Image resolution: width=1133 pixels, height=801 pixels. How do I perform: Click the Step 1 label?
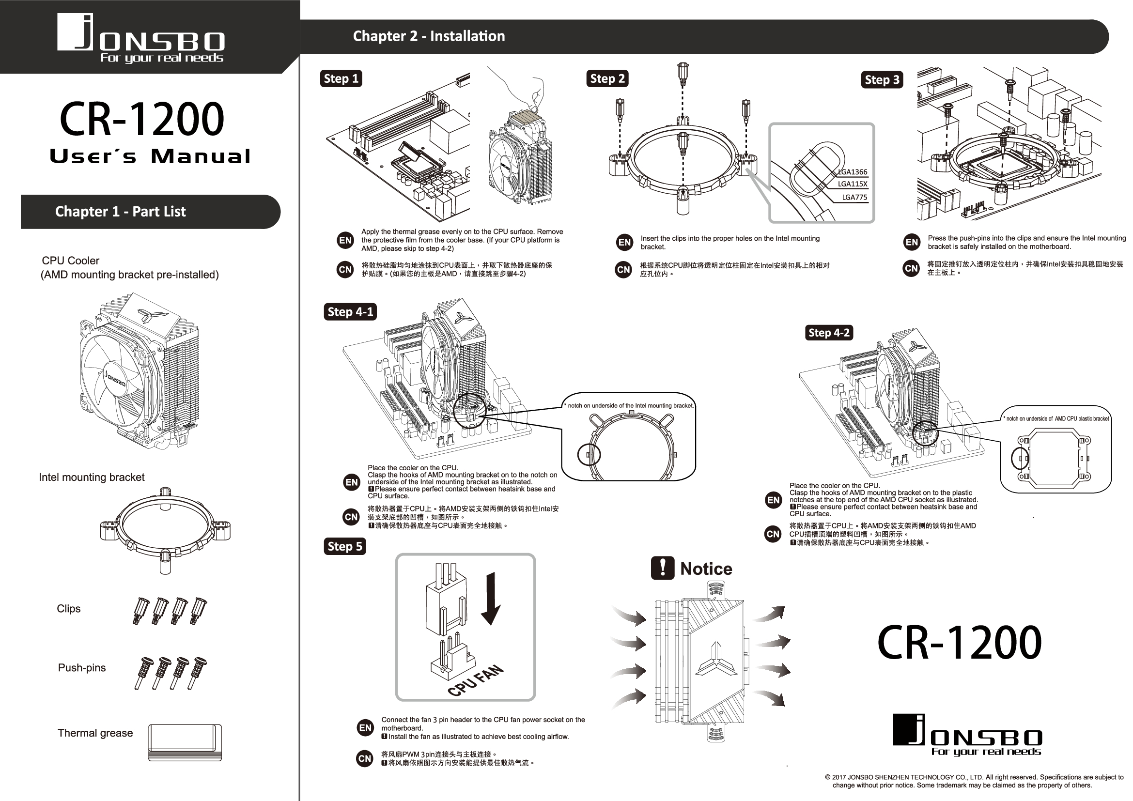click(x=341, y=78)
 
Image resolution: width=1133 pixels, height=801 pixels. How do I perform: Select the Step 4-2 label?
click(x=828, y=333)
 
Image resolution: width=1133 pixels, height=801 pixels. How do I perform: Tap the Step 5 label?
click(x=344, y=546)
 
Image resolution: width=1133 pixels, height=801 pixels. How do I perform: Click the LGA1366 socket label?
click(x=852, y=172)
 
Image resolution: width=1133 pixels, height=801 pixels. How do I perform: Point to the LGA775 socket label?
click(x=854, y=197)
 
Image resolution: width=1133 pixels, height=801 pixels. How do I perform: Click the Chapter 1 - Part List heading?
click(x=121, y=212)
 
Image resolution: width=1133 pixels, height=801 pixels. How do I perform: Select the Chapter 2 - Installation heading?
click(x=428, y=36)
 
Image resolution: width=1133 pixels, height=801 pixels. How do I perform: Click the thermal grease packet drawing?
click(x=185, y=742)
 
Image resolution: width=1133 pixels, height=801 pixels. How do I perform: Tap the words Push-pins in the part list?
click(x=82, y=668)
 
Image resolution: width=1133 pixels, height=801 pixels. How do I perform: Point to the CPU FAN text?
click(x=476, y=680)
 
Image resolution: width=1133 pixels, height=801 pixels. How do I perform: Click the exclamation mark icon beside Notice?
click(x=662, y=568)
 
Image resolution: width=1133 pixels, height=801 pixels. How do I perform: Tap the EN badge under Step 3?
click(x=912, y=242)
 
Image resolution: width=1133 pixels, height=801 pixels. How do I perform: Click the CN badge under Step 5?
click(x=365, y=758)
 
